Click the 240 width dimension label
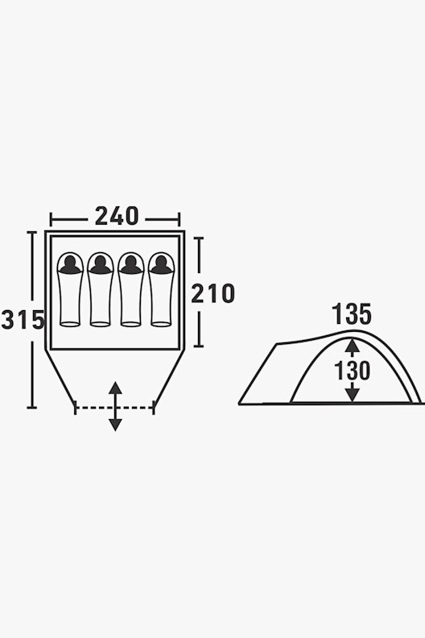[117, 216]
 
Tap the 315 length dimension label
[23, 320]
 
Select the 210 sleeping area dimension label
[213, 293]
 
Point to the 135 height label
[352, 314]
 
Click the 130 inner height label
[352, 371]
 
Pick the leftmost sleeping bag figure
[70, 289]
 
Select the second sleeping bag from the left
[100, 289]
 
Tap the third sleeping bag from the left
[130, 289]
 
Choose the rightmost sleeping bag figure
[161, 289]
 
